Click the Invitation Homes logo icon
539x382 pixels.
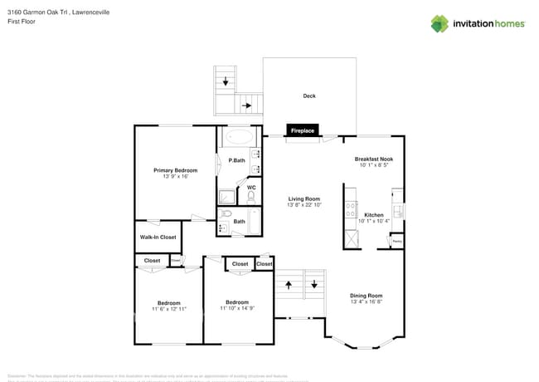(439, 23)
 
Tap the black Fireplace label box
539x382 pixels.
(302, 130)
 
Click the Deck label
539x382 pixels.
(309, 96)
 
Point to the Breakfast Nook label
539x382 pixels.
(374, 159)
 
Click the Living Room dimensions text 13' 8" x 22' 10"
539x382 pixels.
(304, 204)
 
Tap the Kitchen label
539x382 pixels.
(374, 214)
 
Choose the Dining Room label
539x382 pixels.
(366, 296)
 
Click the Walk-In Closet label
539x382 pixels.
(158, 237)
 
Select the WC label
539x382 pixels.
(250, 189)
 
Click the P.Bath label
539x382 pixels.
(237, 159)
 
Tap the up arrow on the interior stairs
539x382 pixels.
(289, 284)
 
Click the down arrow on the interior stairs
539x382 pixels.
(314, 284)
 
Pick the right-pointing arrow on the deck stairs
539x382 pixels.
(247, 105)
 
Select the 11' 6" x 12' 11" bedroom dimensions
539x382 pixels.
(169, 309)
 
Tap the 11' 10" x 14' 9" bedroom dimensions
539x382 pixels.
(237, 308)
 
